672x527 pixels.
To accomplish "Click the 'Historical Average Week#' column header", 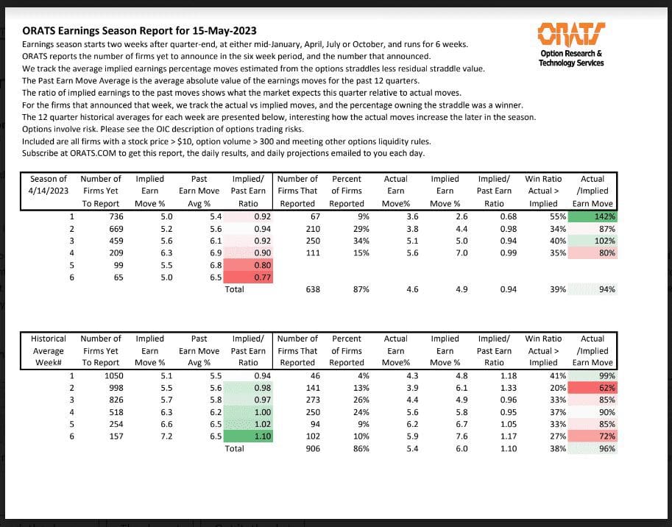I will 49,350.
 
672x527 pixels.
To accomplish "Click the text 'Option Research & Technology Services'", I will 571,58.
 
